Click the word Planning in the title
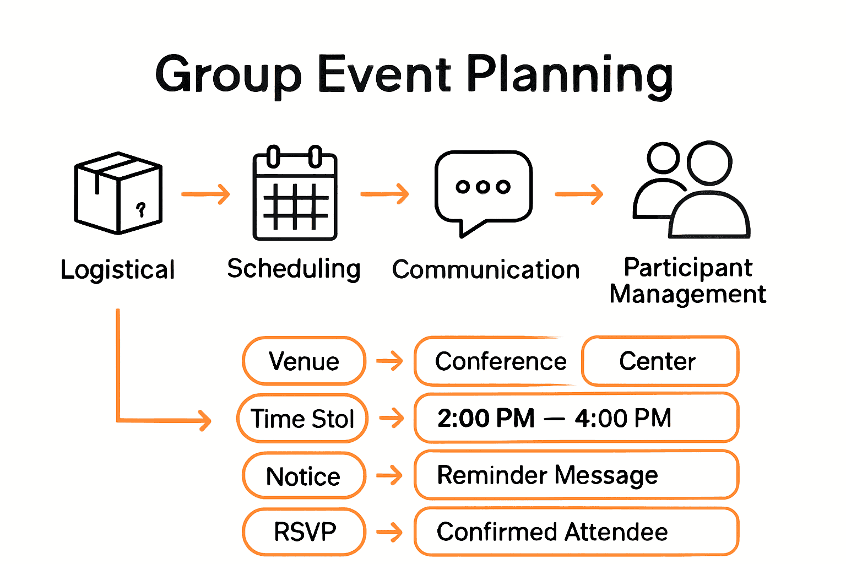point(570,75)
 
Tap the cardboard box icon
point(118,193)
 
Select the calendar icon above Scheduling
point(295,193)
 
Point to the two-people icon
point(691,190)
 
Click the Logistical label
point(117,270)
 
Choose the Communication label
point(485,270)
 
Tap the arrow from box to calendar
point(205,194)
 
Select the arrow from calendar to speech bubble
point(384,194)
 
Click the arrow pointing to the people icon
point(579,194)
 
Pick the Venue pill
point(303,361)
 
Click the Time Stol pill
point(302,419)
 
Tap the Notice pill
point(303,476)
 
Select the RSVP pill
point(304,532)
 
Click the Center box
point(659,361)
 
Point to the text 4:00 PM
point(623,418)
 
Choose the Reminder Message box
point(576,475)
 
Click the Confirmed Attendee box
point(576,532)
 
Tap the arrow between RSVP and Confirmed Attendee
point(390,532)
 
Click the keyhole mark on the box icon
point(141,209)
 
